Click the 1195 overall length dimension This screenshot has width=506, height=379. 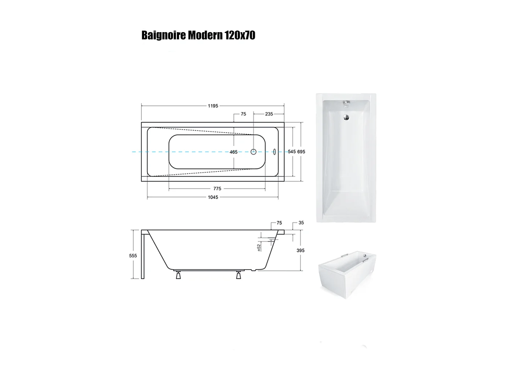coord(213,106)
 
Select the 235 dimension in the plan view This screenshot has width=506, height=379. coord(269,114)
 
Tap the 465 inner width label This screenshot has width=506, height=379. coord(234,152)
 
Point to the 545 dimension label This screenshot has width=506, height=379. coord(291,151)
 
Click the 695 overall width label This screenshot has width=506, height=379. coord(301,151)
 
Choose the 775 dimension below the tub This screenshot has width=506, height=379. coord(217,189)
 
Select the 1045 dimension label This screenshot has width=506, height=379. coord(213,197)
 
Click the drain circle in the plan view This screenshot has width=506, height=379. coord(253,151)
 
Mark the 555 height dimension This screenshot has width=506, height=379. coord(133,256)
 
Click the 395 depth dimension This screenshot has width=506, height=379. coord(301,251)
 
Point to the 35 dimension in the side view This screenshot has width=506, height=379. coord(301,222)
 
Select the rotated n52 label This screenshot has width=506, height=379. coord(258,247)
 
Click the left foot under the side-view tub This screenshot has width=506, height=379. coord(178,275)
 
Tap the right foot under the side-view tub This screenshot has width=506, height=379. coord(239,275)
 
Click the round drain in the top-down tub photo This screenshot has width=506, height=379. coord(346,117)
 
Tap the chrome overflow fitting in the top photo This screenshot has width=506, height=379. coord(346,104)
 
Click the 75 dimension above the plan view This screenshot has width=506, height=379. coord(243,114)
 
